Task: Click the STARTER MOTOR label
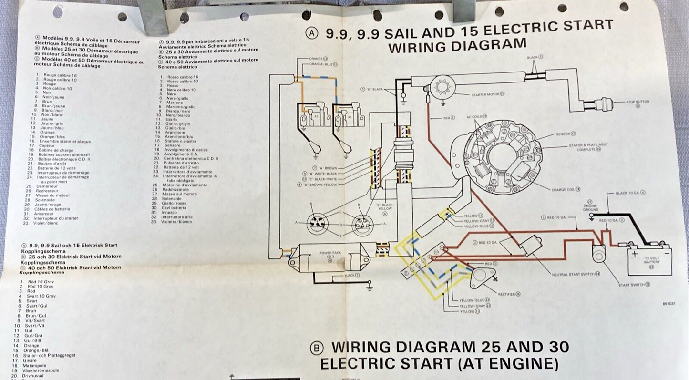(x=485, y=94)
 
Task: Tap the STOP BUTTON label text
(x=638, y=102)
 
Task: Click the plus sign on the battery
(x=635, y=253)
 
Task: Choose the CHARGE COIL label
(x=566, y=189)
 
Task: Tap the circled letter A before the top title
(x=312, y=33)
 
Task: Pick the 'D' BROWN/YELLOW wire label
(x=317, y=185)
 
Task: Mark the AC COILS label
(x=476, y=116)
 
